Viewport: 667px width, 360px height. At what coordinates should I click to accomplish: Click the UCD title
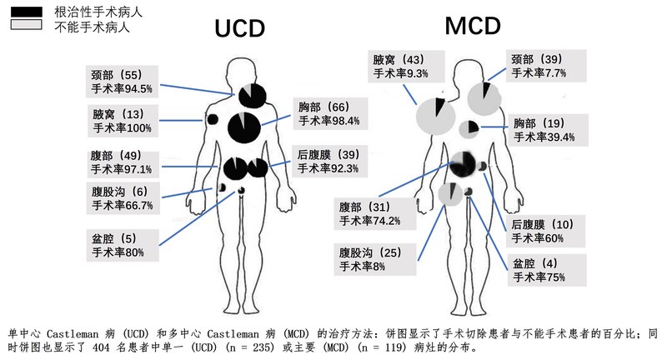point(240,28)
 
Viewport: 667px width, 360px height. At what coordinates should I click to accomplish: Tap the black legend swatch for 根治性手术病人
point(26,11)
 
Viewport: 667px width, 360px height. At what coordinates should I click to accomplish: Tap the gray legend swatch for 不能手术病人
point(26,27)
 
